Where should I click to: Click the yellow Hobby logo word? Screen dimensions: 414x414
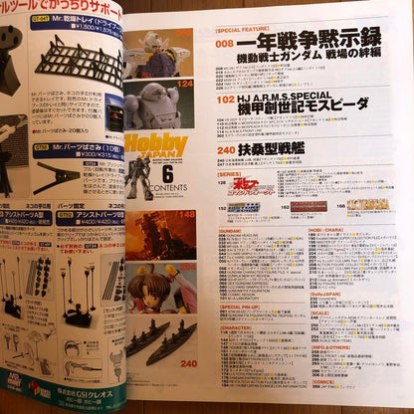pos(155,144)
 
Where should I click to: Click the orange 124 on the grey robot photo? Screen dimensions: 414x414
pos(185,84)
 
